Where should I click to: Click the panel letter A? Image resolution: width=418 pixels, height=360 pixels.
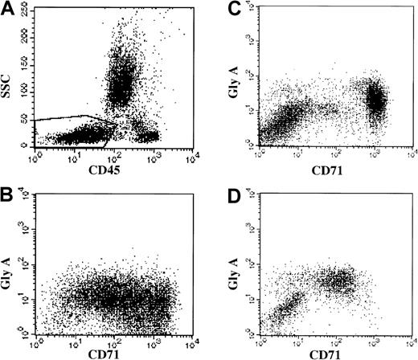(x=10, y=10)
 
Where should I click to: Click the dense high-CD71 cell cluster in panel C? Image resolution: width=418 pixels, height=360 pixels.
(x=376, y=100)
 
